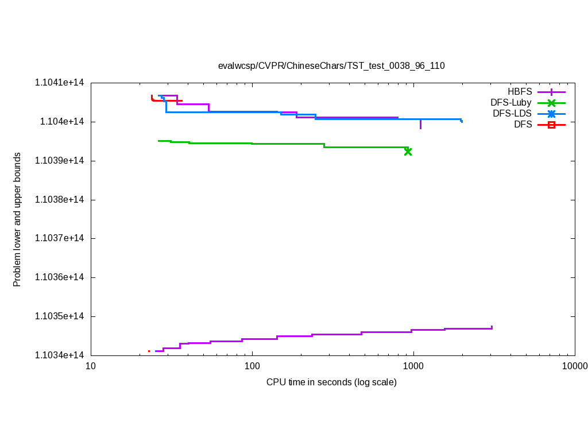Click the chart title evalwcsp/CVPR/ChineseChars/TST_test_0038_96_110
pyautogui.click(x=331, y=65)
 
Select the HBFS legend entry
pyautogui.click(x=520, y=92)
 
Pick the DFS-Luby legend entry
pyautogui.click(x=511, y=103)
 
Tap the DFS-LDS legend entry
pyautogui.click(x=512, y=114)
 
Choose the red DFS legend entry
pyautogui.click(x=523, y=125)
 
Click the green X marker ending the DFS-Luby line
pyautogui.click(x=408, y=152)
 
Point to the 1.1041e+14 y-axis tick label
pyautogui.click(x=60, y=83)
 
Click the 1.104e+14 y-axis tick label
pyautogui.click(x=62, y=122)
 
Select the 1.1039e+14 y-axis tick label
pyautogui.click(x=60, y=161)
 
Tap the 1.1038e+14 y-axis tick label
pyautogui.click(x=60, y=200)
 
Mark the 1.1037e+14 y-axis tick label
pyautogui.click(x=60, y=238)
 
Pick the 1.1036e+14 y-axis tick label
pyautogui.click(x=60, y=277)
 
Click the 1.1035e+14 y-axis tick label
pyautogui.click(x=60, y=316)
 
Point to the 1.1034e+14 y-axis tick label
pyautogui.click(x=60, y=355)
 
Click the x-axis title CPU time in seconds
pyautogui.click(x=331, y=382)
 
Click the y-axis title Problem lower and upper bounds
pyautogui.click(x=17, y=220)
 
